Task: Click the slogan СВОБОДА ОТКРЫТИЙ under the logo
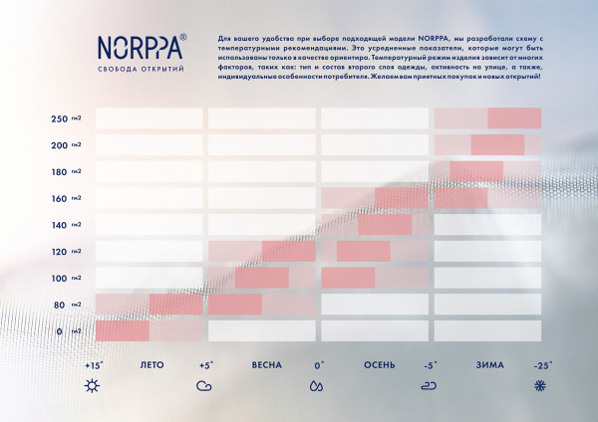tap(141, 69)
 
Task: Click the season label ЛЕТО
tap(152, 365)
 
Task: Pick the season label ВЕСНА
tap(266, 365)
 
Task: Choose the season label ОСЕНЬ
tap(380, 365)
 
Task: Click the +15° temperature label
tap(94, 365)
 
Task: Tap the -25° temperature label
tap(542, 365)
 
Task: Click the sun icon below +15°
tap(93, 385)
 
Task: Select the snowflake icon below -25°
tap(542, 385)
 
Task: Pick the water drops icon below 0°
tap(317, 385)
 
